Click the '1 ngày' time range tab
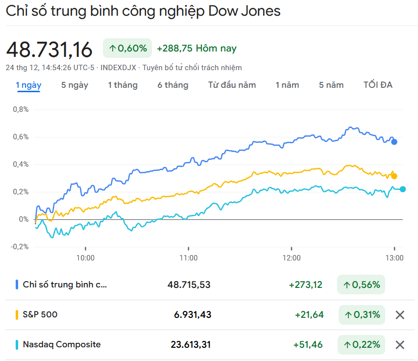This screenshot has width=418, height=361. pyautogui.click(x=28, y=85)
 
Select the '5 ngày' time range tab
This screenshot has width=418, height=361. pyautogui.click(x=74, y=85)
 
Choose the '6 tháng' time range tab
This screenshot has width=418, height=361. pyautogui.click(x=172, y=85)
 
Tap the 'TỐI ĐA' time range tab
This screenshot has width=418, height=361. pyautogui.click(x=378, y=85)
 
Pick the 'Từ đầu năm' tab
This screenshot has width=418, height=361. pyautogui.click(x=232, y=85)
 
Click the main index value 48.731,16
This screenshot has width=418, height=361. pyautogui.click(x=49, y=50)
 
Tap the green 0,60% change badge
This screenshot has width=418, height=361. pyautogui.click(x=127, y=48)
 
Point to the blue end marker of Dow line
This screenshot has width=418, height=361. pyautogui.click(x=394, y=142)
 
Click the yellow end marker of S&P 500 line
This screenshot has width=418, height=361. pyautogui.click(x=394, y=176)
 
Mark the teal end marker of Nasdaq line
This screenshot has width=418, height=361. pyautogui.click(x=403, y=189)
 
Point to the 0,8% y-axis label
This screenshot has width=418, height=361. pyautogui.click(x=21, y=109)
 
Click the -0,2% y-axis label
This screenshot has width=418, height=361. pyautogui.click(x=20, y=246)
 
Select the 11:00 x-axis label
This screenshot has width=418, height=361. pyautogui.click(x=188, y=258)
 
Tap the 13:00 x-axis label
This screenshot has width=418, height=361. pyautogui.click(x=394, y=258)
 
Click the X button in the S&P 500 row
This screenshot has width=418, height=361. pyautogui.click(x=400, y=315)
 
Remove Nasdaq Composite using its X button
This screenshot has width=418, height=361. pyautogui.click(x=400, y=345)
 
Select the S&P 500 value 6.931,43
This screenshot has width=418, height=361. pyautogui.click(x=193, y=314)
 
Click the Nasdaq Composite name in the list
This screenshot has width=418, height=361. pyautogui.click(x=62, y=344)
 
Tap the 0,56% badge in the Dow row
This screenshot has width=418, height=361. pyautogui.click(x=361, y=284)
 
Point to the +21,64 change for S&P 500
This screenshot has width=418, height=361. pyautogui.click(x=309, y=314)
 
